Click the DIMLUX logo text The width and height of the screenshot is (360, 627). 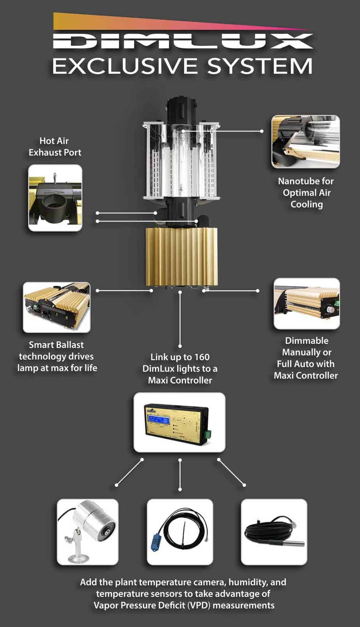pos(182,41)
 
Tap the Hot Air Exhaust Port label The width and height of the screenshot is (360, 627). pos(55,147)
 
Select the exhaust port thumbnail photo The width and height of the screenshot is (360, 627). pos(55,198)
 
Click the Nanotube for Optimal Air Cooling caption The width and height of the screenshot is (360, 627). pos(306,193)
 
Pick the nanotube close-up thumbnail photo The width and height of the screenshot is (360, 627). pos(305,142)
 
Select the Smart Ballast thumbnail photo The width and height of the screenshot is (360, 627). pos(56,307)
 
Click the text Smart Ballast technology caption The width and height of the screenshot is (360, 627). pos(57,356)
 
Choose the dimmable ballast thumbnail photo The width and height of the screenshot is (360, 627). pos(307,304)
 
